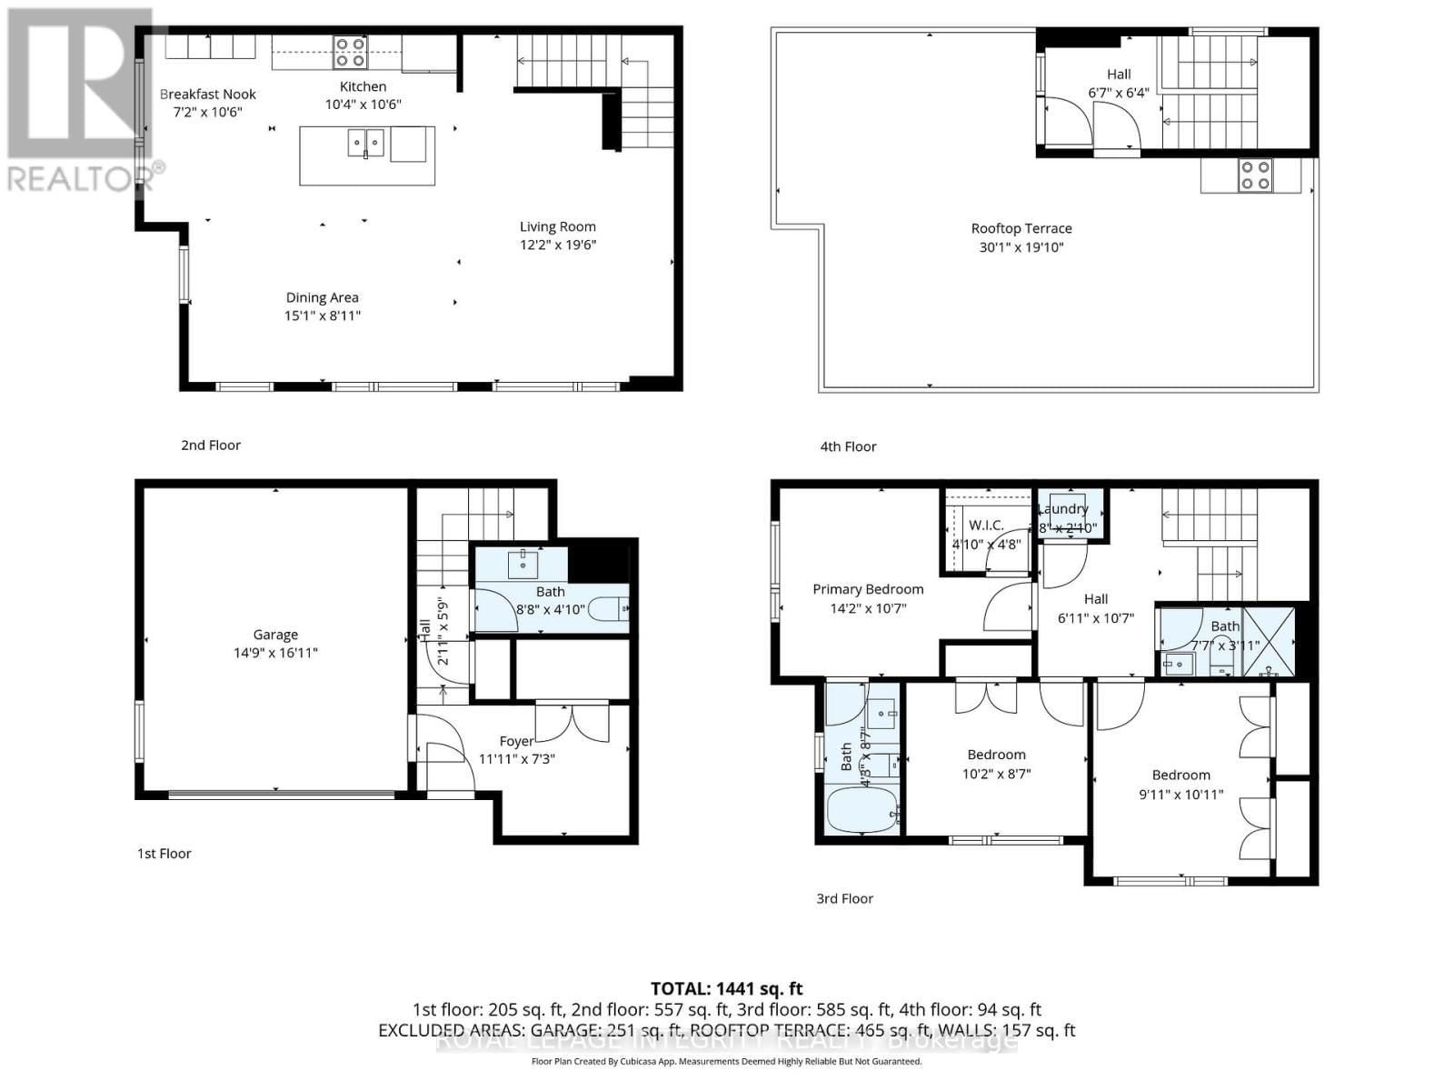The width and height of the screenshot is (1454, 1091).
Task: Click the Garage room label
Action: click(275, 635)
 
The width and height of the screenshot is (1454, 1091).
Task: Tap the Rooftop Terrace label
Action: click(1021, 228)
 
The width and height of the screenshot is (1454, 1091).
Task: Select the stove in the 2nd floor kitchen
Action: click(349, 52)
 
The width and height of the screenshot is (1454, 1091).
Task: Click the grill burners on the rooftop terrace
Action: click(1256, 175)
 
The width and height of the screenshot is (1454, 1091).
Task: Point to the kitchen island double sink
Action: click(367, 143)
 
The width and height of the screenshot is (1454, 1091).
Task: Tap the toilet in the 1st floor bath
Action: click(609, 608)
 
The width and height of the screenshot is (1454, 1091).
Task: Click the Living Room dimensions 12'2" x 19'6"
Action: click(558, 245)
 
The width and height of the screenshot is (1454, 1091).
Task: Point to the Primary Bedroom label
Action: click(868, 589)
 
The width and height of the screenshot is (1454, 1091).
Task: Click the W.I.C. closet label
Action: click(986, 525)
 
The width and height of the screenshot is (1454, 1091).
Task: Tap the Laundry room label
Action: click(1062, 509)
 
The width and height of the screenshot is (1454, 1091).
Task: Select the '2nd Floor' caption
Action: click(211, 445)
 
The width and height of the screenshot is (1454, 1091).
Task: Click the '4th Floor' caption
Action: click(848, 446)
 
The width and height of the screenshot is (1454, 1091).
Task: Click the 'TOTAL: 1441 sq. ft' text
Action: click(726, 988)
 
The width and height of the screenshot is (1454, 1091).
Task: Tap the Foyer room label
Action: click(516, 741)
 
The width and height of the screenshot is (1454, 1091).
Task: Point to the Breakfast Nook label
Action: click(208, 94)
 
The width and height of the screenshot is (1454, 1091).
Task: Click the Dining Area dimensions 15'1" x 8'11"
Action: click(323, 315)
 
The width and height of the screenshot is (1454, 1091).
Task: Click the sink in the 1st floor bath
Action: click(523, 564)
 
